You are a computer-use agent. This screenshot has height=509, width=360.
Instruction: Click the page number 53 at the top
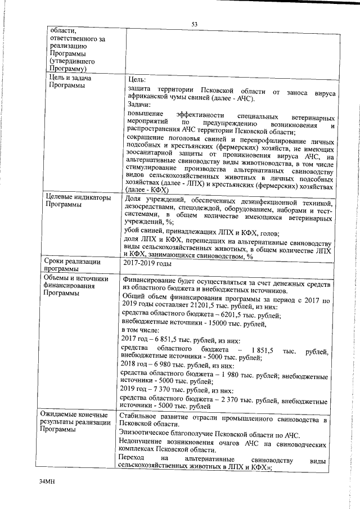tap(194, 24)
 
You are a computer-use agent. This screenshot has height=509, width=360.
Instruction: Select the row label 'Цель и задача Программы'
tap(69, 82)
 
